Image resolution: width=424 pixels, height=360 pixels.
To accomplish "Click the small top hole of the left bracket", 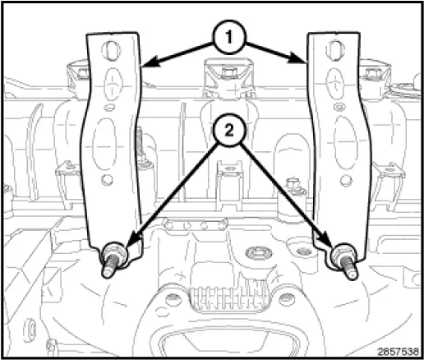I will (108, 51).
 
